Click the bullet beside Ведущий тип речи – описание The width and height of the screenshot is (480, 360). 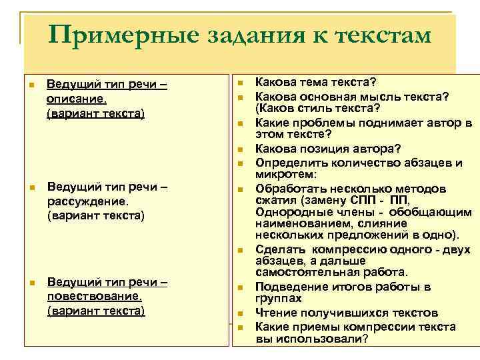click(x=31, y=85)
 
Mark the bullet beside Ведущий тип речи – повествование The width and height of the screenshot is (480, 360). click(x=31, y=282)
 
